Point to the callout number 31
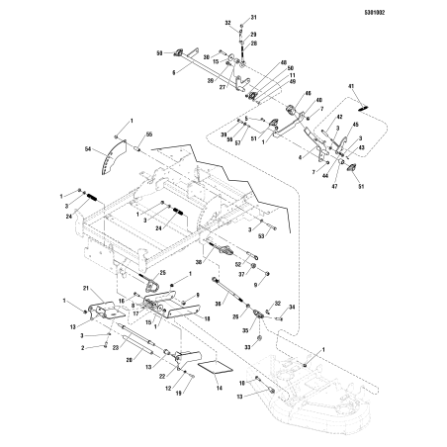pos(251,18)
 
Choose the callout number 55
pos(149,133)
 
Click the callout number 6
pos(174,72)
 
